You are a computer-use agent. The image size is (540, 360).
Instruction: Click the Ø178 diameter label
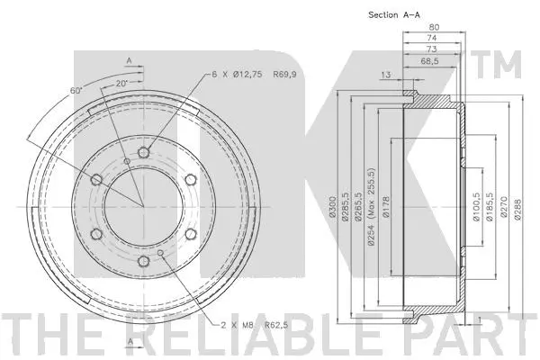(x=384, y=209)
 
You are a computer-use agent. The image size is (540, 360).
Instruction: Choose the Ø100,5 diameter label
(x=474, y=205)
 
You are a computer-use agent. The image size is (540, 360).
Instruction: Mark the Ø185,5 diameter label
(x=490, y=205)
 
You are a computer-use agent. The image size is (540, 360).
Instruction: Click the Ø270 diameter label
(x=504, y=205)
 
